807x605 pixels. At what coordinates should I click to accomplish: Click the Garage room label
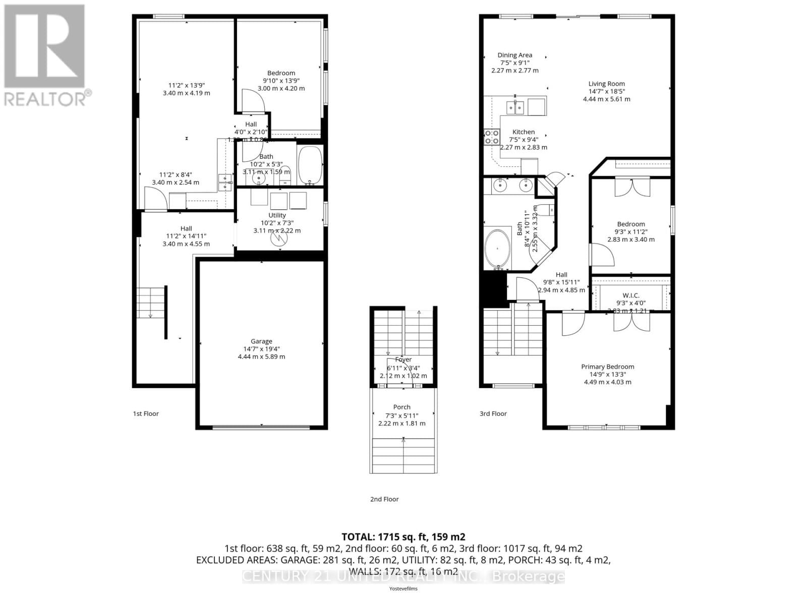(x=261, y=341)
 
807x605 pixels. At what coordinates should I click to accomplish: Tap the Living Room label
(x=606, y=84)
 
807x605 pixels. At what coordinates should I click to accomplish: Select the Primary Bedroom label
(x=607, y=367)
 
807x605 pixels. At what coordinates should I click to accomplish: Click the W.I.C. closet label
(x=630, y=295)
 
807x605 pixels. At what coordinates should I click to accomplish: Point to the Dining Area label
(x=514, y=55)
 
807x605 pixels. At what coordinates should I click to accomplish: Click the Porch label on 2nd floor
(x=401, y=407)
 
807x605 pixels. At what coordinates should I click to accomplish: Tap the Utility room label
(x=277, y=215)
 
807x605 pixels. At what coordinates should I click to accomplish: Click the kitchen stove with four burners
(x=492, y=137)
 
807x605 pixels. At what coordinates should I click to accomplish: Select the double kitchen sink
(x=515, y=107)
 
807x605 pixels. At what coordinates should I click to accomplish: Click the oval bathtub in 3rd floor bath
(x=497, y=249)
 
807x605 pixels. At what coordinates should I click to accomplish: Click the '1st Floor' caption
(x=146, y=413)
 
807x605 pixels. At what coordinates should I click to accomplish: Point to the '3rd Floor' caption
(x=493, y=413)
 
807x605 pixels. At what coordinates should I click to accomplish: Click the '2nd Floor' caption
(x=384, y=499)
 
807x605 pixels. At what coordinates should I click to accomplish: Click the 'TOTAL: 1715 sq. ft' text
(x=403, y=537)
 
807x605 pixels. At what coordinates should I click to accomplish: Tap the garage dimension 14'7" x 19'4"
(x=261, y=349)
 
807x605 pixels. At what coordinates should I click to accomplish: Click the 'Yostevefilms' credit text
(x=403, y=588)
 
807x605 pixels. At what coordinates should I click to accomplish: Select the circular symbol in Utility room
(x=278, y=238)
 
